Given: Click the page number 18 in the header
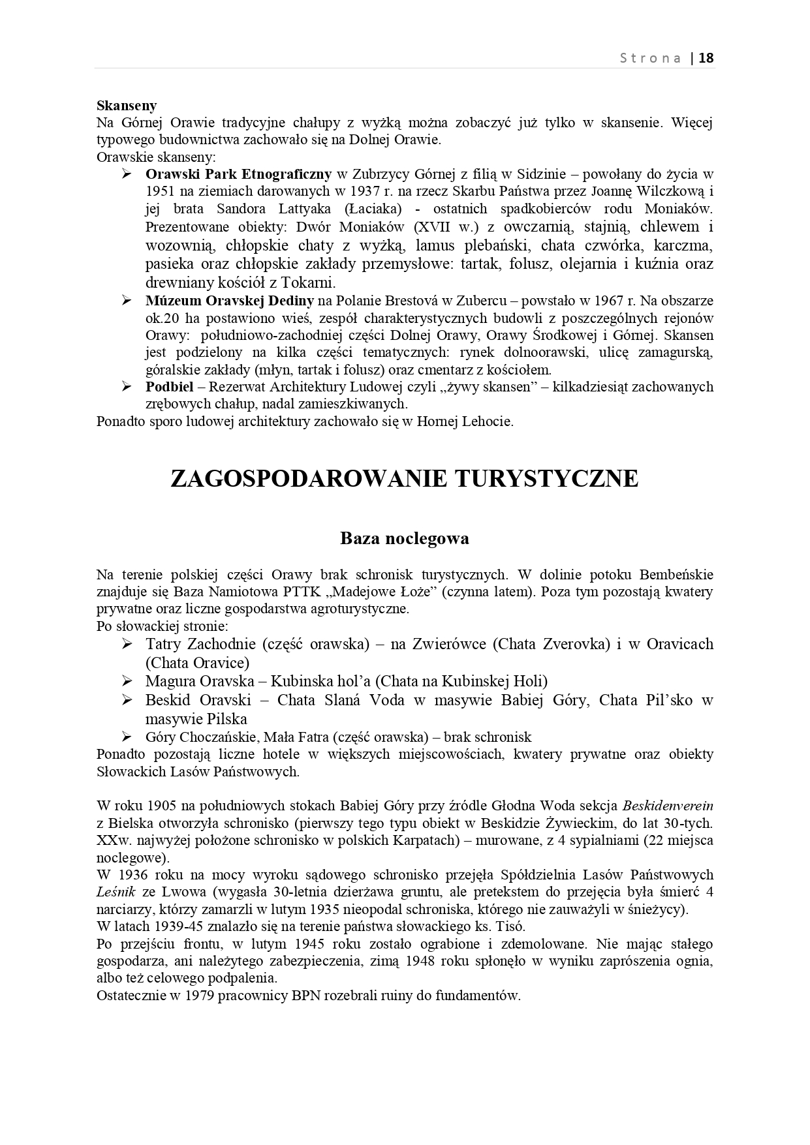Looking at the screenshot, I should (x=706, y=58).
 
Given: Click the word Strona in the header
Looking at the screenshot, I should (x=650, y=58).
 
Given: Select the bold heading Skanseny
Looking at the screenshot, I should (x=127, y=106).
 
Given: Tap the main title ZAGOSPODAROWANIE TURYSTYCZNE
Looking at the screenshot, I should (x=404, y=478).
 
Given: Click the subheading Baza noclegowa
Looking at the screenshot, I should (x=405, y=539).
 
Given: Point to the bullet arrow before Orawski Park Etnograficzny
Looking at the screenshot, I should (x=127, y=174).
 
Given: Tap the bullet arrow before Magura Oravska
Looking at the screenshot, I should (x=127, y=681).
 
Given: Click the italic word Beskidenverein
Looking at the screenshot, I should (x=667, y=805).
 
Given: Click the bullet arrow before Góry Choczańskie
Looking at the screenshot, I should (x=127, y=737).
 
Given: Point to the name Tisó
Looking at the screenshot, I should (x=511, y=926).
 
